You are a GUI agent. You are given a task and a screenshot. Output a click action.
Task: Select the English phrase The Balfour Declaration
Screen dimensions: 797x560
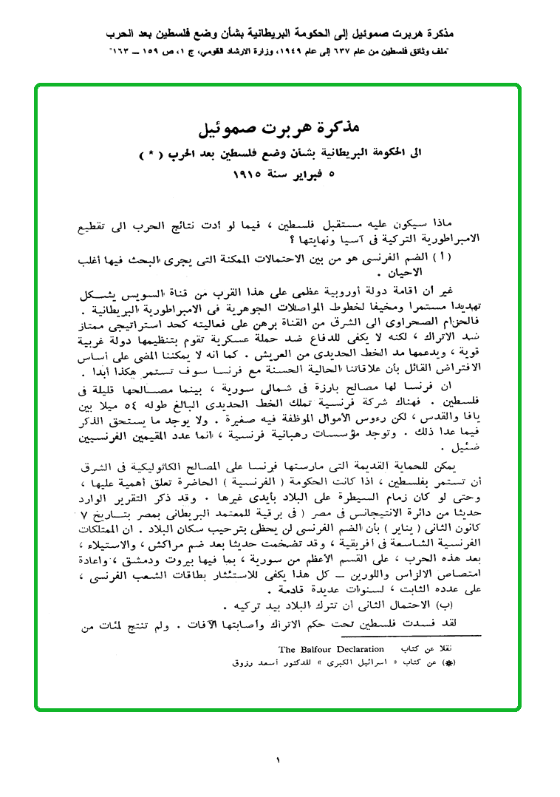tap(341, 649)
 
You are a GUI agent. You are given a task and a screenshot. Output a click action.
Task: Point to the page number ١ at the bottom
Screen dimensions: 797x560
tap(279, 759)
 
